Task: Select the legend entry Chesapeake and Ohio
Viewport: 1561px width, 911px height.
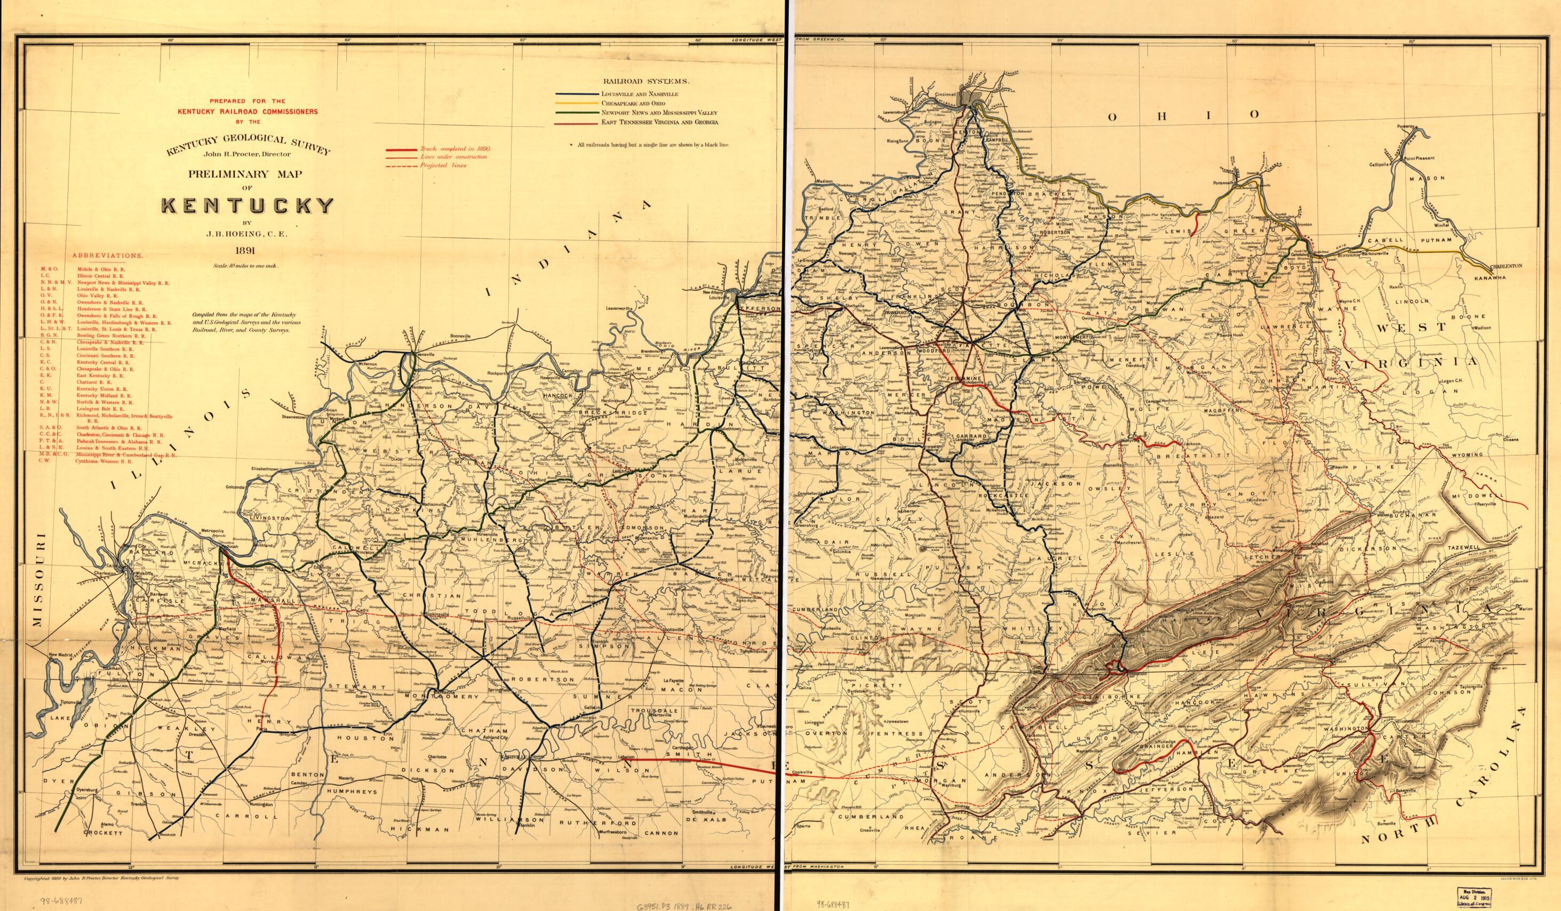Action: pos(627,103)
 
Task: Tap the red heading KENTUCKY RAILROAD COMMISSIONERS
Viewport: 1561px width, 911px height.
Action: pos(248,111)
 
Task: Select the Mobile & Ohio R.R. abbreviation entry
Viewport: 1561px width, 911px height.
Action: pos(100,270)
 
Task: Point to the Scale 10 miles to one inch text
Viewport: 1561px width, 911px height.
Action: pos(247,265)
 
